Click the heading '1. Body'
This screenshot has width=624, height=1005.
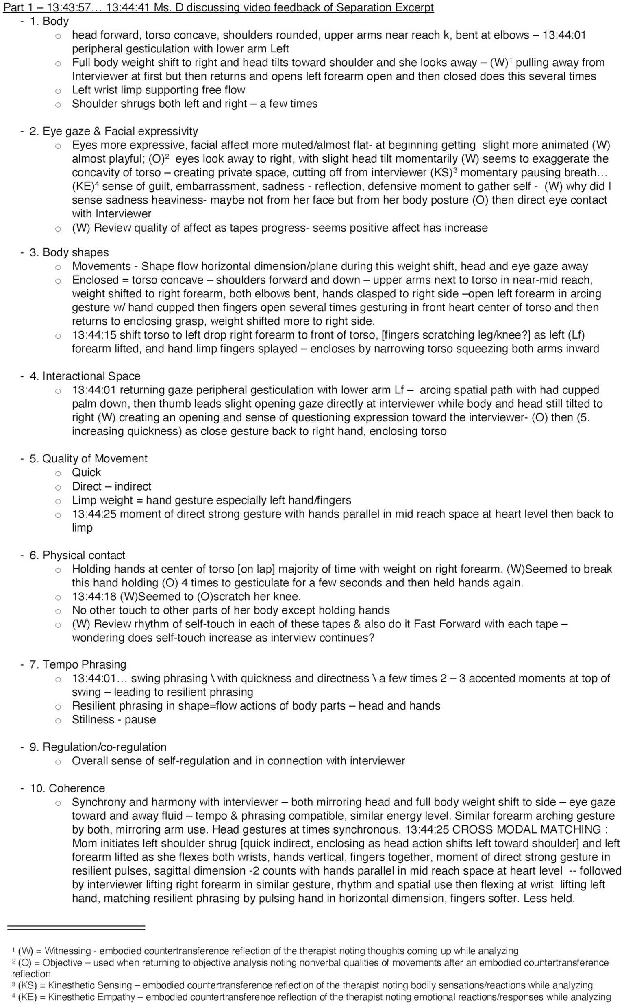click(49, 21)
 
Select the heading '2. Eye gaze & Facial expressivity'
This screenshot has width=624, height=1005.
click(113, 131)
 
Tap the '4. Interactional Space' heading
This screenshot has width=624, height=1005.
click(85, 376)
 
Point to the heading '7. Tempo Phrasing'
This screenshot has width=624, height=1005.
click(78, 664)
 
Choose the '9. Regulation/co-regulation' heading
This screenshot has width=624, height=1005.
click(98, 747)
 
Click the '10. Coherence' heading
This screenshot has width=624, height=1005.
click(67, 788)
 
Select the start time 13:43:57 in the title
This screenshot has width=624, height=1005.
click(71, 7)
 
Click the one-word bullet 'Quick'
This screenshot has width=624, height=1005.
click(86, 472)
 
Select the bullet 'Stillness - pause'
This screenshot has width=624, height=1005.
click(114, 719)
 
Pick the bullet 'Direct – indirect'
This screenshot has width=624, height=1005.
click(111, 486)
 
